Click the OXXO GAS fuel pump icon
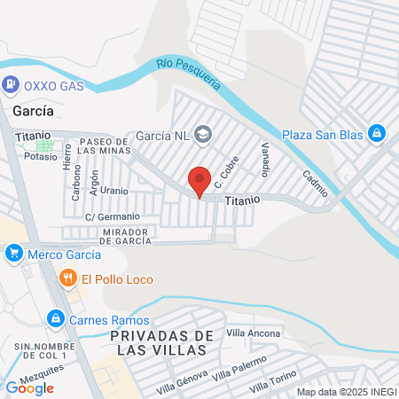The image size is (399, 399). click(11, 85)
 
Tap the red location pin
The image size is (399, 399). click(199, 181)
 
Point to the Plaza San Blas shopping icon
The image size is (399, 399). click(377, 134)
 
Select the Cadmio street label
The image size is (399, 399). click(315, 184)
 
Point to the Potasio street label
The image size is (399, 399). click(41, 156)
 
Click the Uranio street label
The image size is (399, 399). click(114, 191)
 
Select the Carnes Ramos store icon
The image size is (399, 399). click(55, 317)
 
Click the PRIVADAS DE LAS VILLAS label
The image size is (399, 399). click(164, 342)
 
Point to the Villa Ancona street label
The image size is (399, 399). click(254, 333)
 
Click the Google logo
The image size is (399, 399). click(29, 387)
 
